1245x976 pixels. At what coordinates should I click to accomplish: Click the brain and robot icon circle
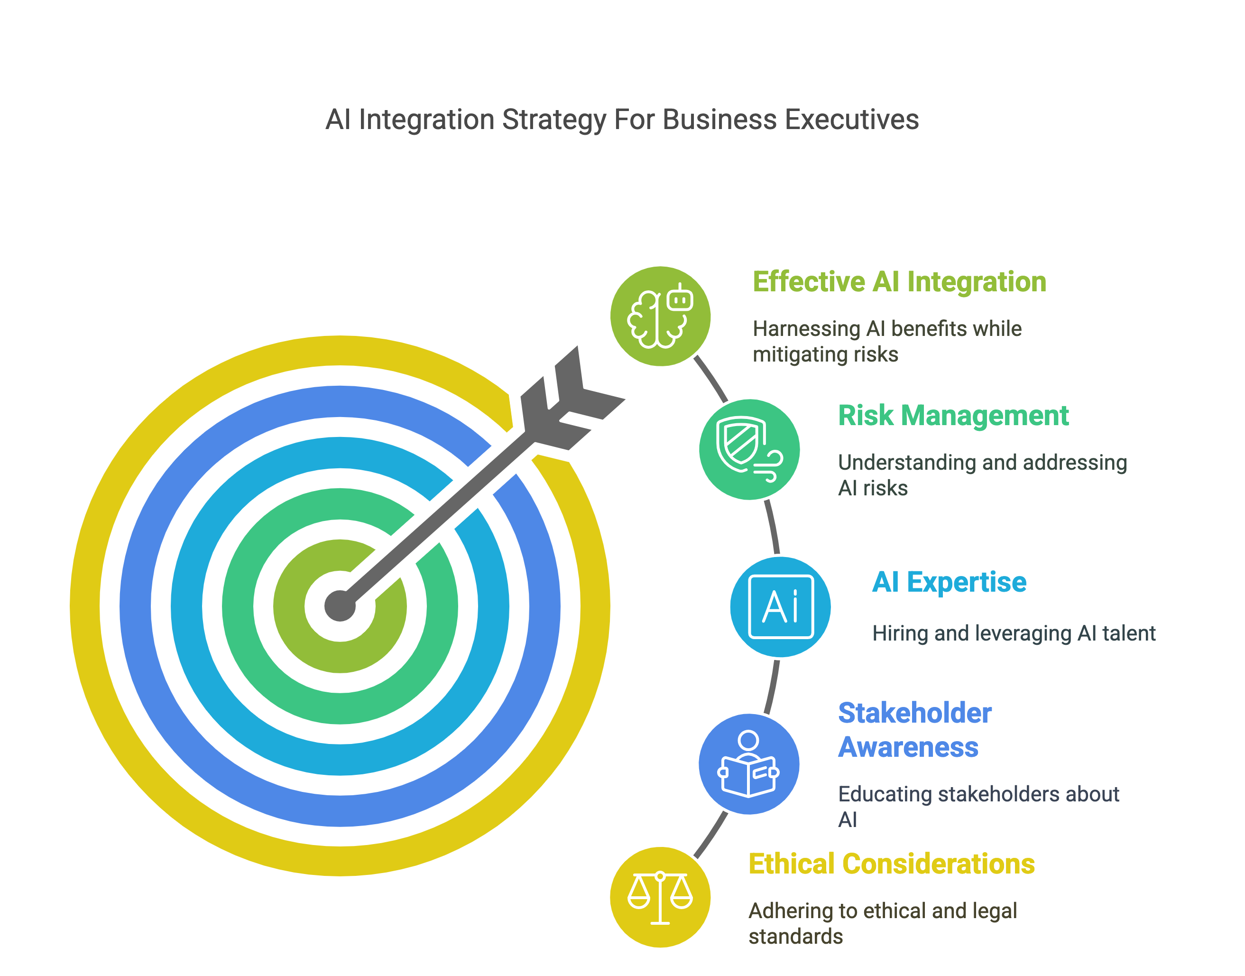[660, 316]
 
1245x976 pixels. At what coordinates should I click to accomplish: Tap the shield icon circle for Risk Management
[749, 450]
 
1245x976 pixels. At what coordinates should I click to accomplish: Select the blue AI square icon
[781, 606]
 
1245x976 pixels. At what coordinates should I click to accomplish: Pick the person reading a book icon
[749, 764]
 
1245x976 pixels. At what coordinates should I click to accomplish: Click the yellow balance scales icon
[660, 897]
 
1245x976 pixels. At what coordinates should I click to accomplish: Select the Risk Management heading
[952, 416]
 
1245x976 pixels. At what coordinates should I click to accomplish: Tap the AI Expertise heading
[949, 582]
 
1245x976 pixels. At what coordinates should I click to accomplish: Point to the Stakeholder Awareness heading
[914, 730]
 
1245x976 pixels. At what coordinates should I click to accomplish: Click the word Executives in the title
[851, 120]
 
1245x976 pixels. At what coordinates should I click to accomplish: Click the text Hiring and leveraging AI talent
[1014, 633]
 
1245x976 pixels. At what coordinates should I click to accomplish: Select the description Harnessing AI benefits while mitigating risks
[886, 341]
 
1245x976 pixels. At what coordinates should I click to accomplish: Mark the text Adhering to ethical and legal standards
[882, 923]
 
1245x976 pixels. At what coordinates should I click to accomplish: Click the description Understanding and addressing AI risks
[982, 475]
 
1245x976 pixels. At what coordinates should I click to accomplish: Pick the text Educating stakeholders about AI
[978, 806]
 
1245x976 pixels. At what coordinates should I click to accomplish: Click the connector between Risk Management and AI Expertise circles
[773, 527]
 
